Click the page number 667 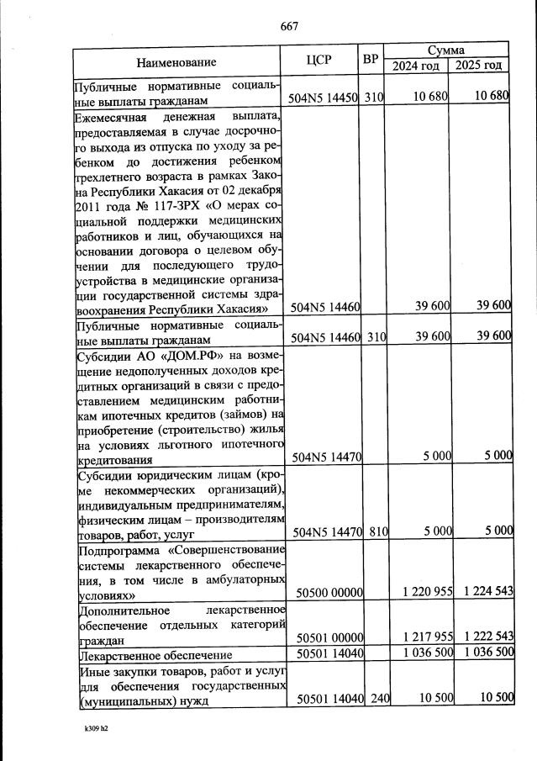click(289, 27)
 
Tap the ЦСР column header click(319, 60)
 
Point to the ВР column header click(371, 60)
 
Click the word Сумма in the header click(446, 50)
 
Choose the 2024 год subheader click(416, 66)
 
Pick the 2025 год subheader click(479, 66)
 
